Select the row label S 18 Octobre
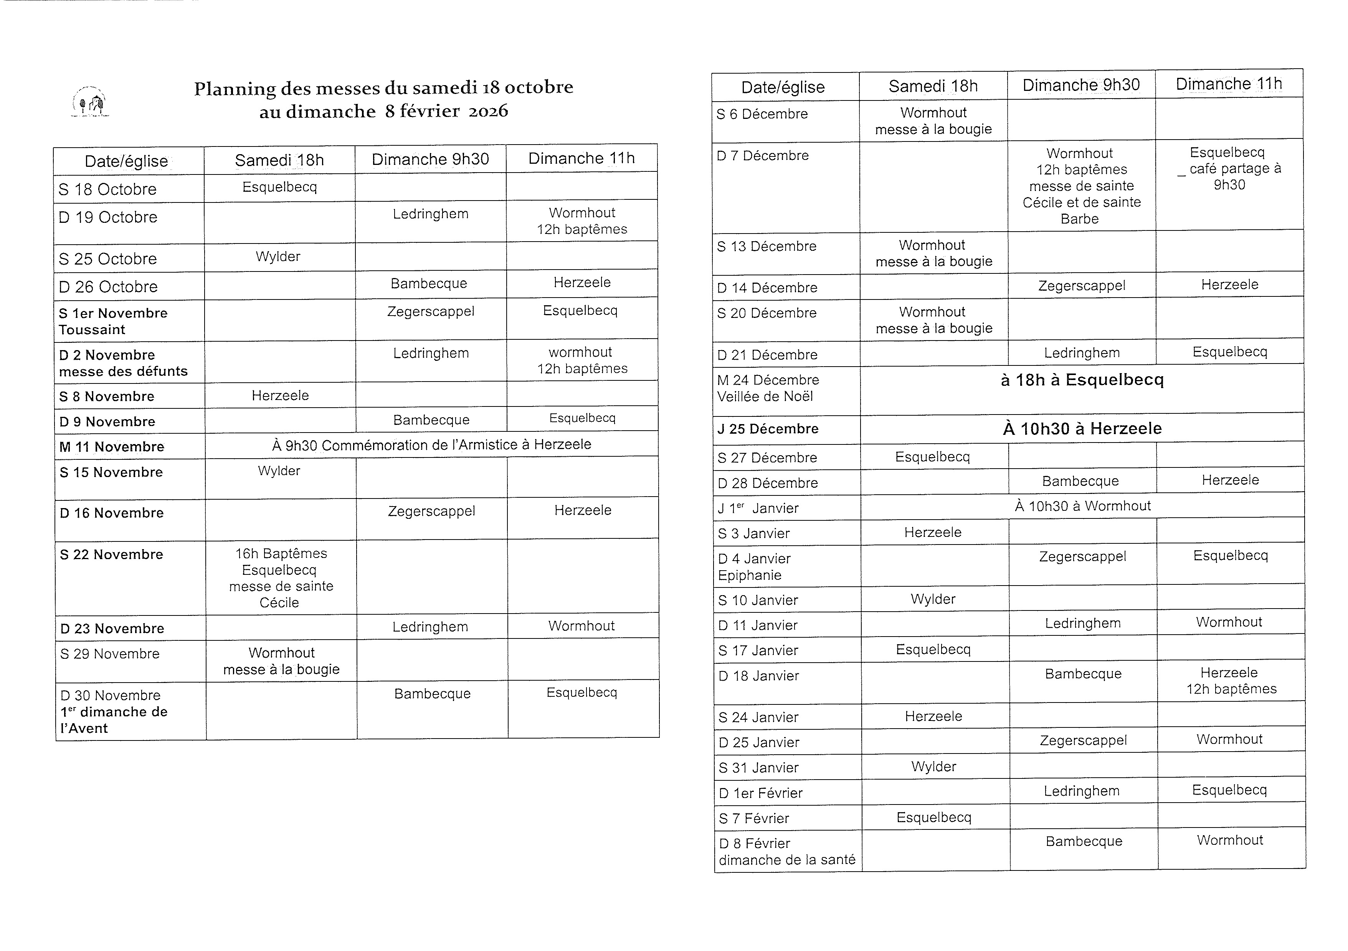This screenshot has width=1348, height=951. click(x=107, y=189)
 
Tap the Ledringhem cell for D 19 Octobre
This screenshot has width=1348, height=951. click(x=430, y=214)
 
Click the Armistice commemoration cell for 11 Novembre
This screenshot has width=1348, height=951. click(x=431, y=445)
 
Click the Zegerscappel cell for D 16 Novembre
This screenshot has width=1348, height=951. click(x=431, y=511)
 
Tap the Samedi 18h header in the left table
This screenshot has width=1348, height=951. click(x=279, y=160)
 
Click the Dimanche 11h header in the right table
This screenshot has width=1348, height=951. click(x=1228, y=84)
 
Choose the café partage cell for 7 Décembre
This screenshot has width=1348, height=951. click(x=1228, y=169)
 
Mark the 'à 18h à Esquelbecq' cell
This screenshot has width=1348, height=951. click(x=1082, y=380)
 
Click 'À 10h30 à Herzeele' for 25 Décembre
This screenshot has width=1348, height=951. click(x=1082, y=429)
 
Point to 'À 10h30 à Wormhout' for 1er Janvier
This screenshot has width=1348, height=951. click(x=1082, y=506)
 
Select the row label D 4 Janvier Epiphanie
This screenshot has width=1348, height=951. click(x=755, y=567)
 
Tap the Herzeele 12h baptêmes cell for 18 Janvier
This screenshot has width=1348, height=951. click(x=1231, y=681)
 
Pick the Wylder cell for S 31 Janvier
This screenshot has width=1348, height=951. click(x=933, y=767)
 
